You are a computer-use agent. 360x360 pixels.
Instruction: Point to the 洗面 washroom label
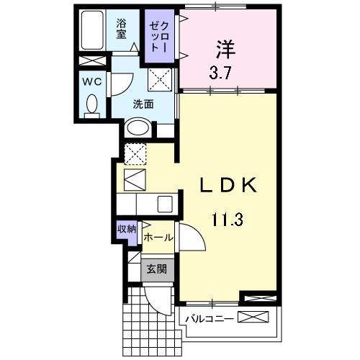coord(143,104)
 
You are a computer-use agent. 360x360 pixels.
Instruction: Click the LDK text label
coord(228,185)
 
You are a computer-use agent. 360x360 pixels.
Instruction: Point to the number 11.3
coord(228,218)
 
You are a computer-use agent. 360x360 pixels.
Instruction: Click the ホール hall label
coord(158,237)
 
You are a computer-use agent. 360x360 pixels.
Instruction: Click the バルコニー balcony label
coord(209,318)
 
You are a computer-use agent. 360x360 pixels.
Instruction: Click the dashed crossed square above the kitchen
coord(135,153)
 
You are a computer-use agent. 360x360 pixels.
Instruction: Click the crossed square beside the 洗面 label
coord(159,78)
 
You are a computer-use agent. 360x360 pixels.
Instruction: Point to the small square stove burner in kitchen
coord(164,203)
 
